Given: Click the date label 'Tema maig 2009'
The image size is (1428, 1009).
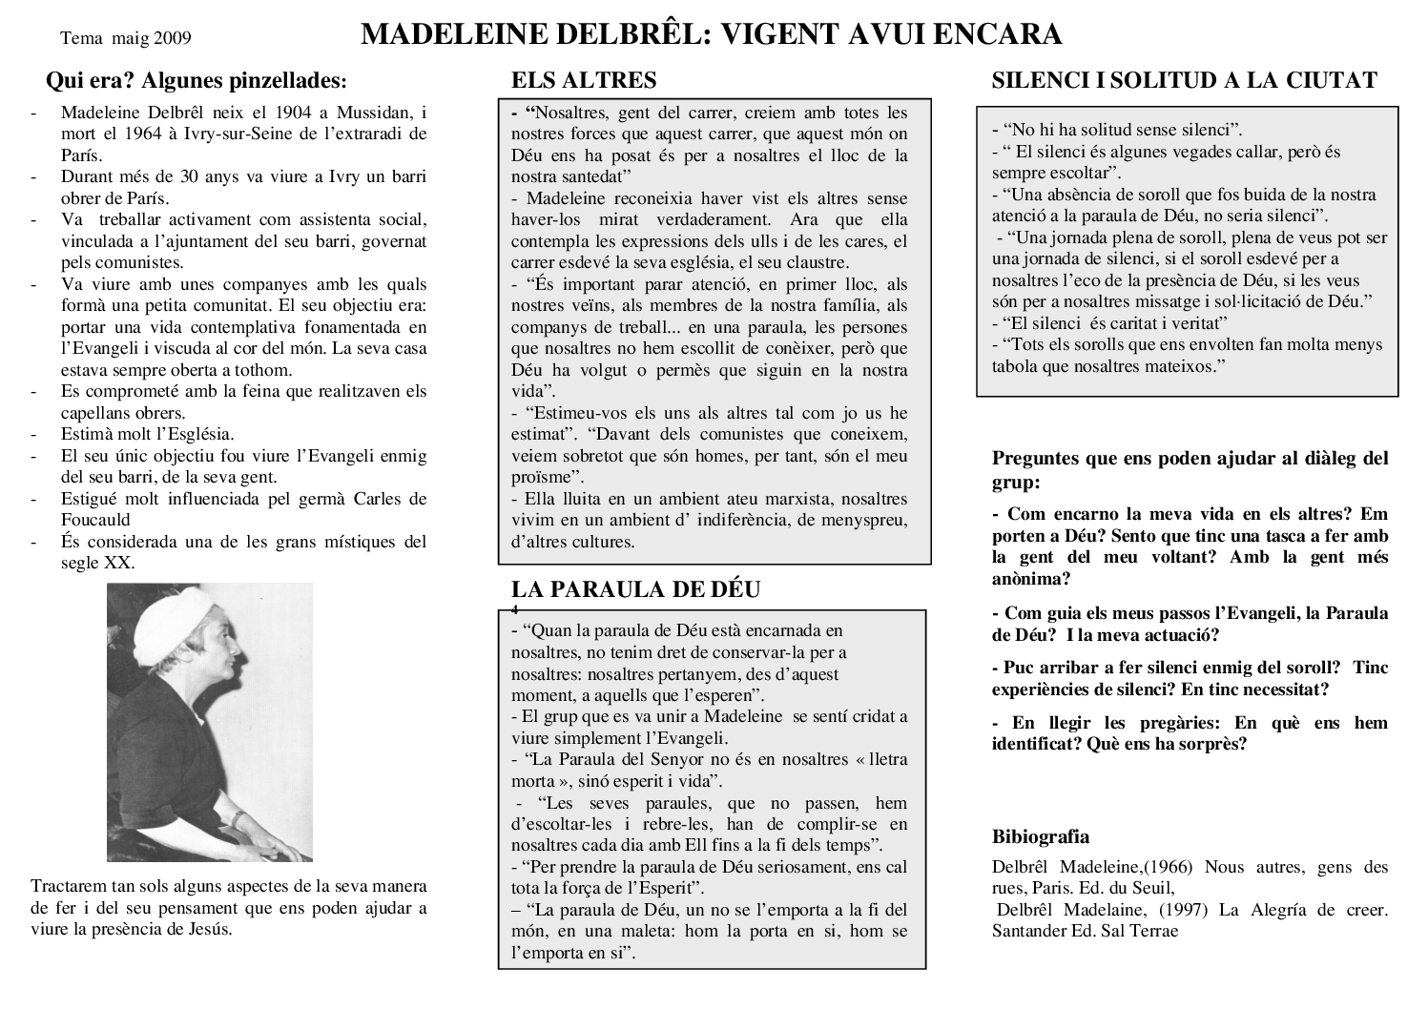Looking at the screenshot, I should coord(125,39).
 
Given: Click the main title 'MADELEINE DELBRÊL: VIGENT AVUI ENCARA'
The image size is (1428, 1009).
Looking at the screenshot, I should coord(711,35).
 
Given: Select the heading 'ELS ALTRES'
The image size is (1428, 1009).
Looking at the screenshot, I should coord(584,80).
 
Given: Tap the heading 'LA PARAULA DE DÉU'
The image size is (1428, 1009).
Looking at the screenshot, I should coord(635,589).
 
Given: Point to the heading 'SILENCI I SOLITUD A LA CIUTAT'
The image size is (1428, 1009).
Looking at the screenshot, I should coord(1184,80).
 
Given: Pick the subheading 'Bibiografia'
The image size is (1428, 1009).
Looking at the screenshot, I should coord(1041,837).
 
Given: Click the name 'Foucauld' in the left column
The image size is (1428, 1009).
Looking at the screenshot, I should coord(95,520).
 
